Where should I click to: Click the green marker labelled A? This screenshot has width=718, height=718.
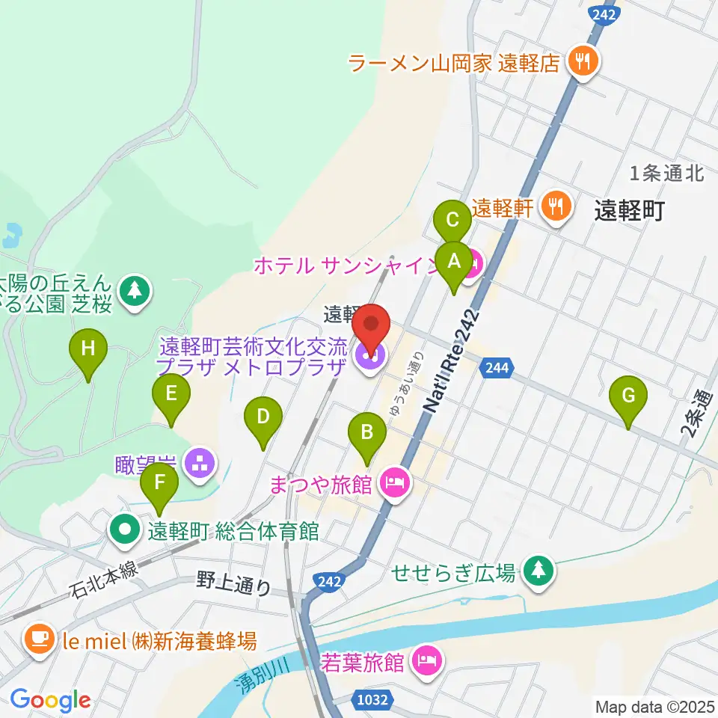coord(453,262)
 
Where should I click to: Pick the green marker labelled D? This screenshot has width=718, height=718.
coord(263,416)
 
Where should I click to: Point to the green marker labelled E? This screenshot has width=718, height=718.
coord(171,393)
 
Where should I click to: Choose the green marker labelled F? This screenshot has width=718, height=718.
coord(159,482)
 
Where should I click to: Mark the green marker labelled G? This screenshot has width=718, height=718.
coord(628,394)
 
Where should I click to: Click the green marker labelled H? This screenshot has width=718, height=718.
coord(88,349)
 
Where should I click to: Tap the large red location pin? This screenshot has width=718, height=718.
coord(372,326)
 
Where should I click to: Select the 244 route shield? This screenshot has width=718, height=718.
coord(497,367)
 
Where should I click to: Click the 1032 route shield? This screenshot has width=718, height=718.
coord(372,700)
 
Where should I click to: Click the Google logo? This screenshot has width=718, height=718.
coord(50,700)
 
